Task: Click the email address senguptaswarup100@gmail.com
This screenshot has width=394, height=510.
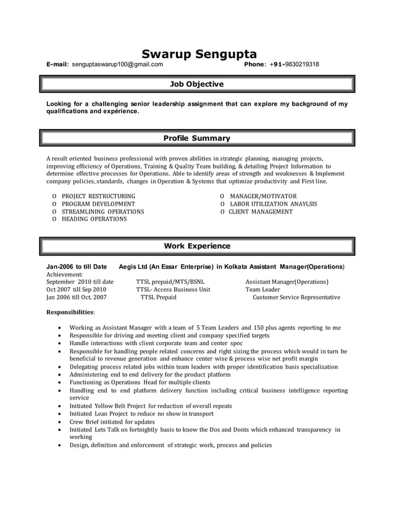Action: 117,64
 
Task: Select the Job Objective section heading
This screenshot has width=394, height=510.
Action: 196,84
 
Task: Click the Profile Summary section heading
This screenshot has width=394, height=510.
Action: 196,138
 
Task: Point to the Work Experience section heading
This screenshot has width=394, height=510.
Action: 196,246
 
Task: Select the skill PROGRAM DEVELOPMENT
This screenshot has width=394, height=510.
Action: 98,204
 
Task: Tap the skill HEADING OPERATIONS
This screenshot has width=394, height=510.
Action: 94,219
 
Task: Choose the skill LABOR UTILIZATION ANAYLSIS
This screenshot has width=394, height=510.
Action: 274,204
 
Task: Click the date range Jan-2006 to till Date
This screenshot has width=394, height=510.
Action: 77,267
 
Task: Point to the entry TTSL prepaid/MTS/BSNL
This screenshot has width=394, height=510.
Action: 170,282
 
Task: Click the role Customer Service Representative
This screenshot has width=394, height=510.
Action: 296,297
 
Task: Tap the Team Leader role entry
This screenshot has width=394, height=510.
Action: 262,290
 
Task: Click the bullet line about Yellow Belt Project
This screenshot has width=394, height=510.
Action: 151,406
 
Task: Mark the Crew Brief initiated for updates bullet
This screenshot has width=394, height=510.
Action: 112,422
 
